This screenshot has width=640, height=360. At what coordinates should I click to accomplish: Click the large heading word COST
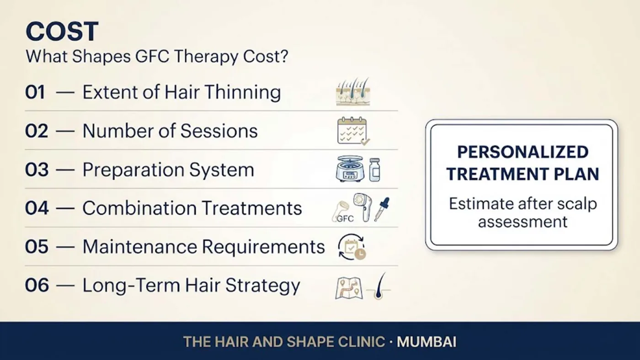(x=62, y=31)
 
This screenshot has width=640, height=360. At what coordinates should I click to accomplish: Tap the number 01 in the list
(x=35, y=92)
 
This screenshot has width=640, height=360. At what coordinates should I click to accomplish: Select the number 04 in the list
(x=37, y=208)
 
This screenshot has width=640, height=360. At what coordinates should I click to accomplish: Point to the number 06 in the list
(x=37, y=285)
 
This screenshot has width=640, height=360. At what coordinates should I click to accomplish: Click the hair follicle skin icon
(x=353, y=92)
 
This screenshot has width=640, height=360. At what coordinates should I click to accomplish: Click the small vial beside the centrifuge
(x=374, y=170)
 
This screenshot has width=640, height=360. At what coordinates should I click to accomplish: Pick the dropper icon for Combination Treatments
(x=382, y=209)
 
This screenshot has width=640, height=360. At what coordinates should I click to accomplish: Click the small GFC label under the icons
(x=345, y=219)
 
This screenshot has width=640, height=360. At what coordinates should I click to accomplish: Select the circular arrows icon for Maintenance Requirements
(x=352, y=247)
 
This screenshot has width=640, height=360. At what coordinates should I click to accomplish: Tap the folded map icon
(x=349, y=288)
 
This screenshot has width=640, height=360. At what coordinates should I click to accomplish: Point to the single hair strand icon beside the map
(x=379, y=286)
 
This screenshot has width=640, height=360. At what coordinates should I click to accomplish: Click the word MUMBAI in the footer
(x=427, y=342)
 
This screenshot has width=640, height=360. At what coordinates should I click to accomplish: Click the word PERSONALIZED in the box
(x=523, y=152)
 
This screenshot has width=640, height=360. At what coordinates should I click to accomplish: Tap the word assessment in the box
(x=523, y=222)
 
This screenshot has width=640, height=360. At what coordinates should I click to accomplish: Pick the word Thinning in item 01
(x=242, y=92)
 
